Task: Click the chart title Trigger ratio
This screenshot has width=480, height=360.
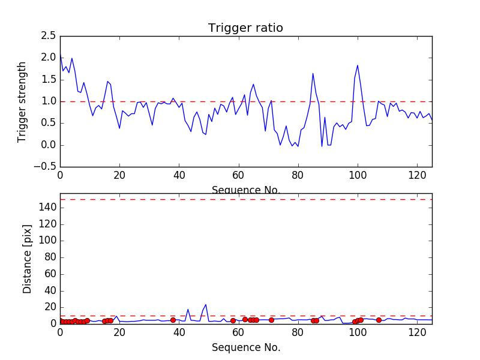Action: [245, 28]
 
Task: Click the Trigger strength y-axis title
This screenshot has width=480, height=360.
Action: [22, 101]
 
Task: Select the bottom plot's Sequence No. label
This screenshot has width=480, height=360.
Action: [245, 347]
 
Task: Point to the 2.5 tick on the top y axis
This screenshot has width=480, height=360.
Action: [49, 36]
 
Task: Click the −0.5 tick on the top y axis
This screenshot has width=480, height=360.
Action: [46, 167]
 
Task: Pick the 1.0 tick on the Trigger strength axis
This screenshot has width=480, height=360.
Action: [49, 101]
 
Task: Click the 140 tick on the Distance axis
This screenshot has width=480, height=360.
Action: [47, 208]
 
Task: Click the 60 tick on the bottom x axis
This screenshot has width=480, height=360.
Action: [238, 333]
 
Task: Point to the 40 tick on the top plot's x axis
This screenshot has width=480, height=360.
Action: [179, 176]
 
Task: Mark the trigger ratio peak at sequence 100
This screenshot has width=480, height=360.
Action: [358, 65]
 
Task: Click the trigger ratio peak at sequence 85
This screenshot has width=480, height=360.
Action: [313, 74]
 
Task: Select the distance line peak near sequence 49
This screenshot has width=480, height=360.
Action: [206, 304]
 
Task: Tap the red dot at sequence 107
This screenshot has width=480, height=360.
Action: [379, 320]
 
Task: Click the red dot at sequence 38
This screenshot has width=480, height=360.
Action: [173, 320]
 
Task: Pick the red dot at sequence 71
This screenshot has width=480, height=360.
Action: [271, 320]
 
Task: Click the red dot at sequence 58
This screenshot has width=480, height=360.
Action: [233, 320]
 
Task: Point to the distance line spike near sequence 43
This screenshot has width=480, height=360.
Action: [188, 310]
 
